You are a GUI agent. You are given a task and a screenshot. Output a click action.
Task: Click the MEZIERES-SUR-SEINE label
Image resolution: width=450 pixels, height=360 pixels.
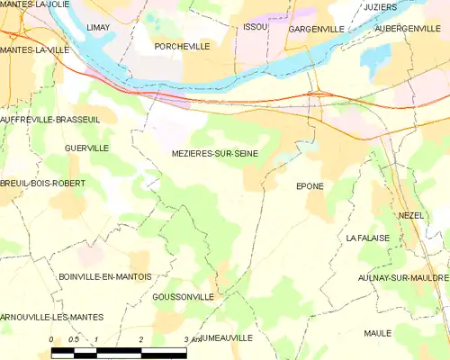click(x=215, y=154)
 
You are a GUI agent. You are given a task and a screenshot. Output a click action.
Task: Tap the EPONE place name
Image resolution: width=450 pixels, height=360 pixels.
click(x=310, y=186)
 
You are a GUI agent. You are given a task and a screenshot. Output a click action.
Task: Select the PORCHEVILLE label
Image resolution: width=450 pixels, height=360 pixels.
click(x=182, y=46)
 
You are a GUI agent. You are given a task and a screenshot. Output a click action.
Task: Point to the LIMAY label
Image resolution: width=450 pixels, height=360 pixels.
click(x=98, y=28)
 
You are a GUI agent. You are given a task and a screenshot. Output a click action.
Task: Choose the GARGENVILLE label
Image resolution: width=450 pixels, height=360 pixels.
click(x=316, y=30)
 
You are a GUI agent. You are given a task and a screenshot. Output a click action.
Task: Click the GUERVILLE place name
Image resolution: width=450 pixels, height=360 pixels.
click(x=87, y=148)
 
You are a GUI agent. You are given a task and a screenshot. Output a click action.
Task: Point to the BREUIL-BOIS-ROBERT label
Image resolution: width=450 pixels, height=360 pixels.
click(x=43, y=183)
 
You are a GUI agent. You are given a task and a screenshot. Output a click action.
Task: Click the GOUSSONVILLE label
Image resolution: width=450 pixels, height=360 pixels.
click(x=184, y=296)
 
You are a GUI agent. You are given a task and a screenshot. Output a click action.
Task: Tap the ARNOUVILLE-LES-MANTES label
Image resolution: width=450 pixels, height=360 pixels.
click(x=52, y=317)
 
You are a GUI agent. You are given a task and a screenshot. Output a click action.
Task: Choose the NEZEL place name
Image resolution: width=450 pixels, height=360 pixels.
click(x=411, y=217)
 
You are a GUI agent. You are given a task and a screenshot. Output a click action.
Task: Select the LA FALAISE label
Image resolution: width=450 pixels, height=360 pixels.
click(x=367, y=238)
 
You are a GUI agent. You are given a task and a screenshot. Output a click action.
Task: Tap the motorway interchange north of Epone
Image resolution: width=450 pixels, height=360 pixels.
click(x=317, y=93)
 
